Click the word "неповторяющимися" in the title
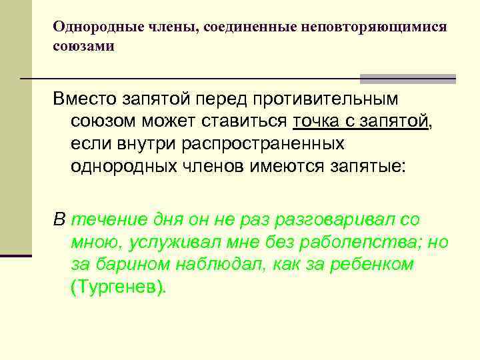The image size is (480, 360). coord(375,27)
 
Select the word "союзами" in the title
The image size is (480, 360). coord(84,47)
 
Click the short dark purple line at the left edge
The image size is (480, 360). coord(15,255)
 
